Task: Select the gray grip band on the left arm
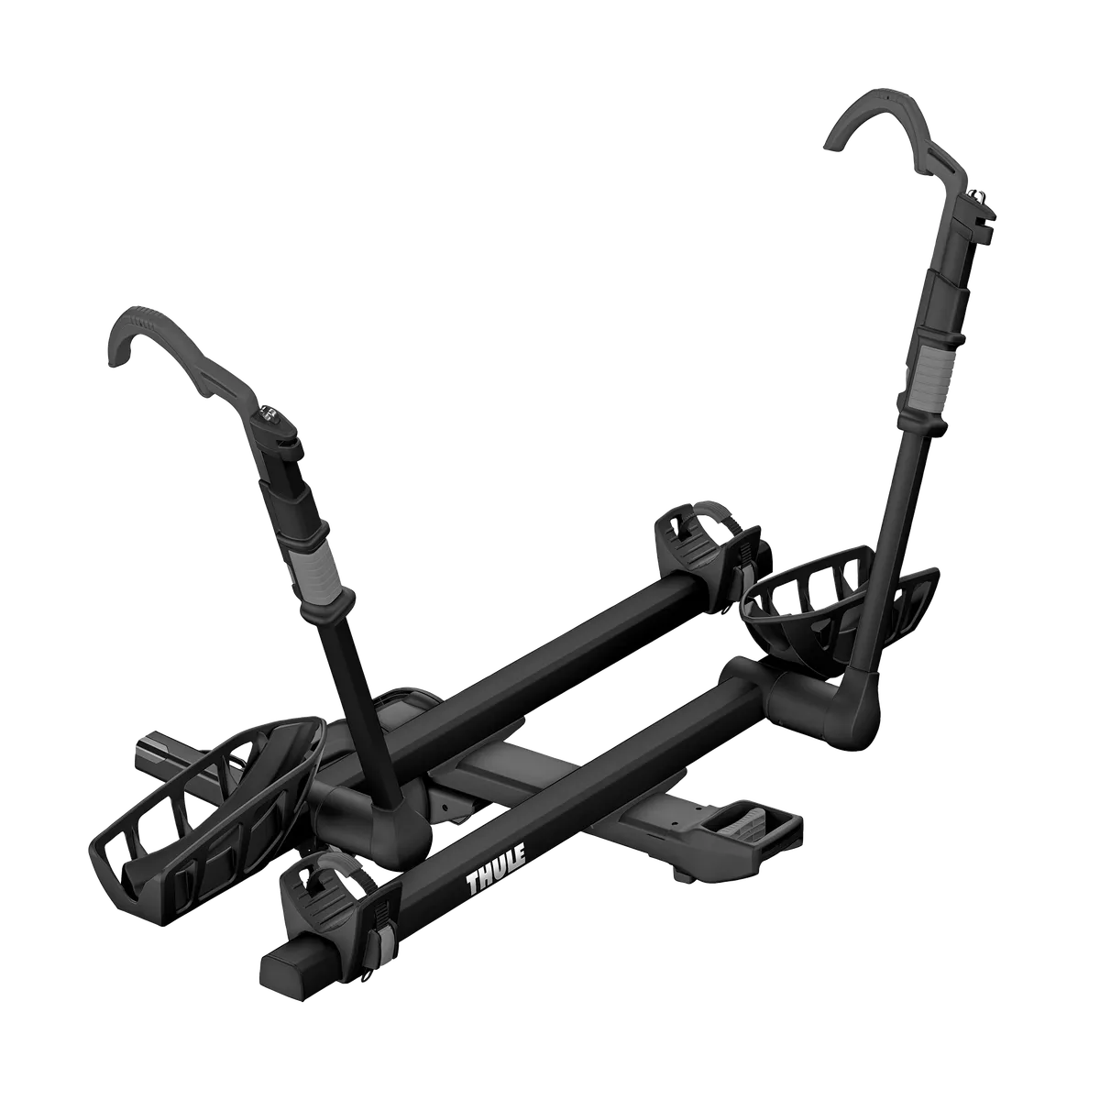tap(322, 569)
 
